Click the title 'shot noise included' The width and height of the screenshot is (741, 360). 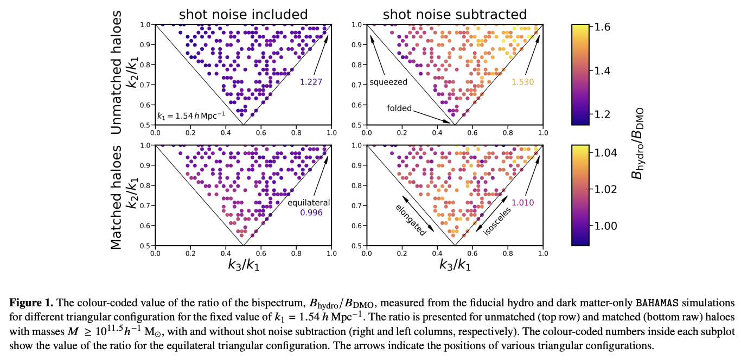click(x=243, y=14)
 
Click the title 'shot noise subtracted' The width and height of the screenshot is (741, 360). click(x=455, y=14)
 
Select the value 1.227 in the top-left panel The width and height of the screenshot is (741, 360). click(x=311, y=82)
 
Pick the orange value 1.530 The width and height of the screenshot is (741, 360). click(x=523, y=82)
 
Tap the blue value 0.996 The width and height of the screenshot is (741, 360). click(x=311, y=213)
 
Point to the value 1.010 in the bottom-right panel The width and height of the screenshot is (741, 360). click(x=523, y=203)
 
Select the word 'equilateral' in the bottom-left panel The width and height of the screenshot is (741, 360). click(x=309, y=203)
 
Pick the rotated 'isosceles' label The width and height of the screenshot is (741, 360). click(x=497, y=220)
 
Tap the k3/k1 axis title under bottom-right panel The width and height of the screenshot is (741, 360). click(x=455, y=265)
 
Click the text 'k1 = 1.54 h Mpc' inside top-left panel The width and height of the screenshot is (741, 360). click(x=190, y=115)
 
